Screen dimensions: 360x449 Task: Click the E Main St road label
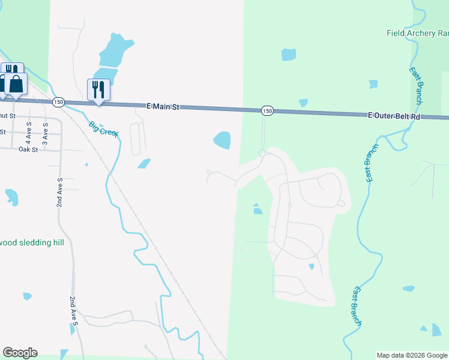click(163, 106)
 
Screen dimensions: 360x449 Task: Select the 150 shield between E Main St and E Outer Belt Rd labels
click(267, 110)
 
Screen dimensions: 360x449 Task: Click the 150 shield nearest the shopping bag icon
click(58, 102)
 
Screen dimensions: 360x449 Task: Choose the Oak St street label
click(28, 149)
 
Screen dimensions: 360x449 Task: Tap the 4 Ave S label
click(28, 130)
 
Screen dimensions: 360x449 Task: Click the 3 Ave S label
click(44, 130)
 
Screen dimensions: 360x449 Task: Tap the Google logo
click(20, 353)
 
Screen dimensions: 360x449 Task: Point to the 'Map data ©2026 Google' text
click(412, 355)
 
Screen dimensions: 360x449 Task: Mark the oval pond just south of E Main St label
click(222, 140)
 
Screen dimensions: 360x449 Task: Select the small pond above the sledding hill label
click(11, 197)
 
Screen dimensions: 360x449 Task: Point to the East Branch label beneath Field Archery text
click(416, 85)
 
